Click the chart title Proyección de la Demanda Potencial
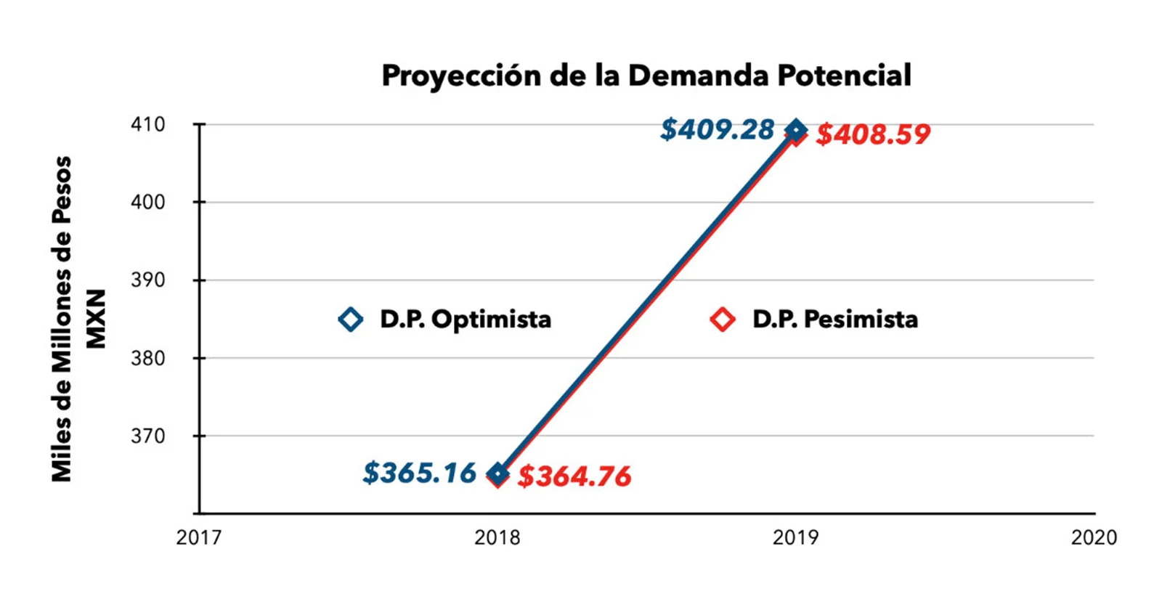point(646,76)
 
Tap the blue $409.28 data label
point(717,130)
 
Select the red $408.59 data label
point(873,134)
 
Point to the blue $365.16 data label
point(419,473)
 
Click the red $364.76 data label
point(574,476)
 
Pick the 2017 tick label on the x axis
point(199,537)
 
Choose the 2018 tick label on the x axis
point(497,537)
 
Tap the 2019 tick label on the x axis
point(796,537)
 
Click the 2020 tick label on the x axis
point(1094,537)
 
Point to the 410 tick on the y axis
point(148,124)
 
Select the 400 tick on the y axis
point(148,202)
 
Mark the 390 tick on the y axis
point(148,280)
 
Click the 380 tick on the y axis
point(148,358)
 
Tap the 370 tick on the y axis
point(148,436)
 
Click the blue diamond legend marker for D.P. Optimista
point(351,319)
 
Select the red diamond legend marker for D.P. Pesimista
point(723,319)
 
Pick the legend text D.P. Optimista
point(466,319)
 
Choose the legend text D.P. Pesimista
point(835,319)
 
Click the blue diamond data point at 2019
point(797,130)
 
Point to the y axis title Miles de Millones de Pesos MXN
point(77,319)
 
